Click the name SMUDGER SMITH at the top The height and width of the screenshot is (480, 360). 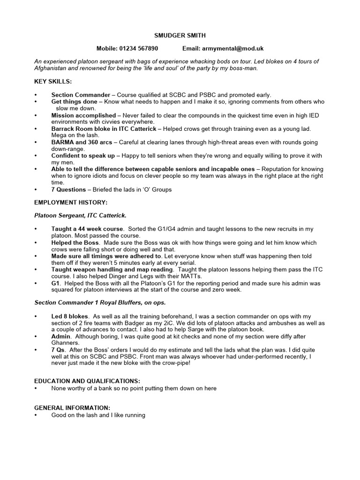coord(180,35)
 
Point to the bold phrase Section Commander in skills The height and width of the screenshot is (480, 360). coord(81,95)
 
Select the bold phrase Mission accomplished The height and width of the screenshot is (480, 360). coord(83,115)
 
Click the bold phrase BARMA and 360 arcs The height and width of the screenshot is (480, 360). coord(82,142)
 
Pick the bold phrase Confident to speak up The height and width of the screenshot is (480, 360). coord(83,156)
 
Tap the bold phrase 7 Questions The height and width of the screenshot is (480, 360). coord(68,189)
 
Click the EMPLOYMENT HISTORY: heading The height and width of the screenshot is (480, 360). coord(71,202)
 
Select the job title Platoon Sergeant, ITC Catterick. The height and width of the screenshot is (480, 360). coord(80,216)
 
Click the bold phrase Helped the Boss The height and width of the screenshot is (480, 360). coord(75,243)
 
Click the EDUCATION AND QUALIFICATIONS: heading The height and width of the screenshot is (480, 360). coord(87,381)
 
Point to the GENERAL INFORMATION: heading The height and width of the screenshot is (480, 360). coord(72,408)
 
